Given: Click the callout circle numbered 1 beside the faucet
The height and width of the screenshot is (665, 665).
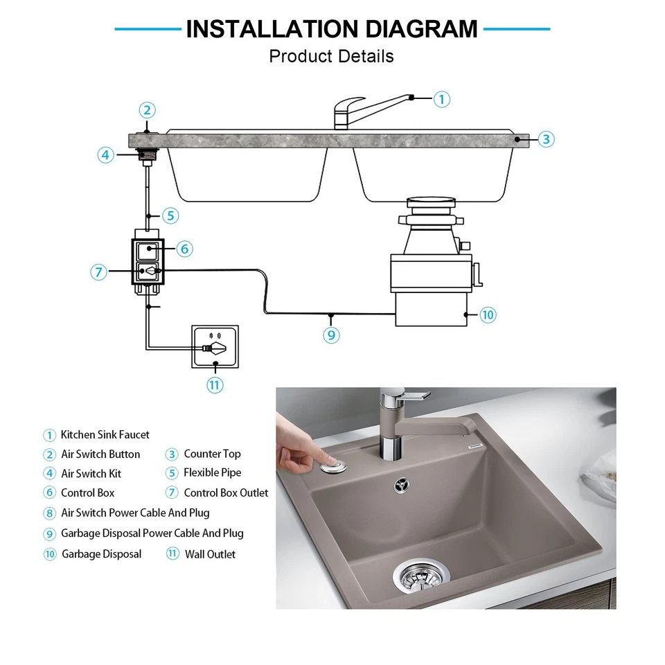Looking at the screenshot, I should [442, 99].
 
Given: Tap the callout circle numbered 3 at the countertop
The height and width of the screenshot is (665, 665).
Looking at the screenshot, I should [546, 139].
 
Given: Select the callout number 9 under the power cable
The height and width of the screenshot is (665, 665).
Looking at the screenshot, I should [331, 335].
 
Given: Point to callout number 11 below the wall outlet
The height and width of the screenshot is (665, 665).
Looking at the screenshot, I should [215, 384].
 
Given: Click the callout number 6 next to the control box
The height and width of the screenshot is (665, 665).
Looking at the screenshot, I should [184, 248].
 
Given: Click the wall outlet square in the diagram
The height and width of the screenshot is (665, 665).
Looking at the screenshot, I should [215, 348].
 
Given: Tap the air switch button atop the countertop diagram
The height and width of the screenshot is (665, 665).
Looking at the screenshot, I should [147, 130].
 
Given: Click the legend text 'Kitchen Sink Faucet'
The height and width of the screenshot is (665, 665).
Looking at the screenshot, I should [105, 435].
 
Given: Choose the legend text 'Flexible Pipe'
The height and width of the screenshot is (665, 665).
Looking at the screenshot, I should [212, 473].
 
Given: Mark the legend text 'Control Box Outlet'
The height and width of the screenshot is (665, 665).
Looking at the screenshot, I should [226, 493].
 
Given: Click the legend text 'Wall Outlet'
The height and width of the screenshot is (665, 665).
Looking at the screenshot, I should [210, 554].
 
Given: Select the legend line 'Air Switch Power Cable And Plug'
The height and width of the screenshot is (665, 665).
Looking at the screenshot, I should [135, 513].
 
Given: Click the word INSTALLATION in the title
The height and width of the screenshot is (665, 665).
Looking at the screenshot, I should [270, 29].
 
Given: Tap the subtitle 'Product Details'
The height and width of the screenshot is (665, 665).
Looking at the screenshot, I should [331, 56].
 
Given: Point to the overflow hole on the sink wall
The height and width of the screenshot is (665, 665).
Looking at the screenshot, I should [401, 486].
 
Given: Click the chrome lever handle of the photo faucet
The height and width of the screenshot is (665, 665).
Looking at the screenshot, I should [414, 396].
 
